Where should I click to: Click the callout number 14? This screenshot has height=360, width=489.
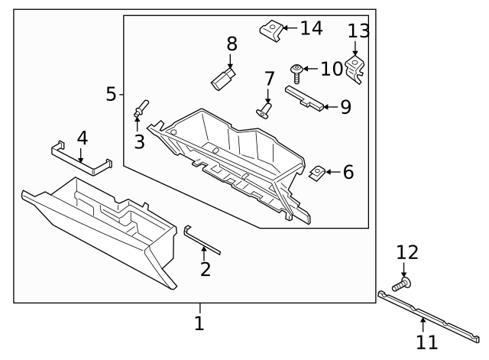click(311, 29)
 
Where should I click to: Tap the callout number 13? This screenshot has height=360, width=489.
click(358, 31)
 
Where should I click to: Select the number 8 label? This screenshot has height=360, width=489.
click(232, 44)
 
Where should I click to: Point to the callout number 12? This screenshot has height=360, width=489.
click(407, 253)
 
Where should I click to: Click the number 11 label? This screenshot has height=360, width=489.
click(427, 342)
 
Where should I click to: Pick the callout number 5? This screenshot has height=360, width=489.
click(111, 94)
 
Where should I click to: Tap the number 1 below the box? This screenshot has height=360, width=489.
click(199, 323)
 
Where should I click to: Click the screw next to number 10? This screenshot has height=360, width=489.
click(296, 72)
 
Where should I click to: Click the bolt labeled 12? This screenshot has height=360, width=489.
click(404, 284)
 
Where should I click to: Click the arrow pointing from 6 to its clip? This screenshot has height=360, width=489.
click(333, 173)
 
